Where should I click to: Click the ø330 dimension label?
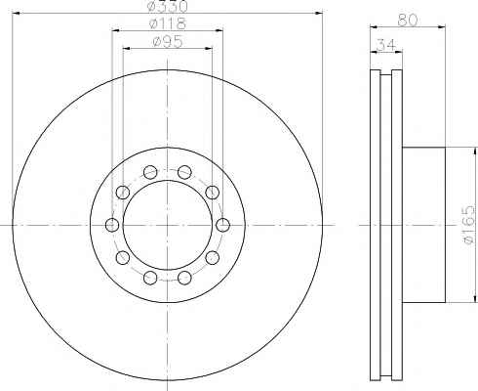pyautogui.click(x=168, y=6)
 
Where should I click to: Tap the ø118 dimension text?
pyautogui.click(x=167, y=23)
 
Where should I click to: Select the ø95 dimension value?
pyautogui.click(x=167, y=41)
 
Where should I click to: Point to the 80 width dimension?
pyautogui.click(x=407, y=21)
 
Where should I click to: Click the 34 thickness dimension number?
pyautogui.click(x=385, y=45)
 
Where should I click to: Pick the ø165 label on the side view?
pyautogui.click(x=469, y=225)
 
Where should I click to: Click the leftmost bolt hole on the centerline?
pyautogui.click(x=112, y=225)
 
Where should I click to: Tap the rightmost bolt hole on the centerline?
pyautogui.click(x=223, y=225)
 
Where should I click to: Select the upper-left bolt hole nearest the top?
pyautogui.click(x=150, y=172)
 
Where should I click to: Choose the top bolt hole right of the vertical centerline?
pyautogui.click(x=184, y=172)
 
